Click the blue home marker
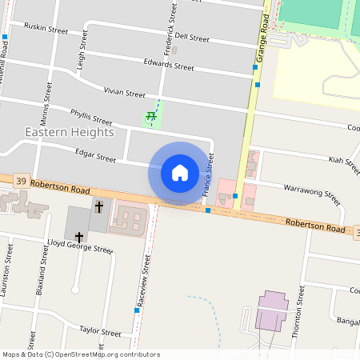(x=180, y=173)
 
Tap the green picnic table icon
(x=150, y=118)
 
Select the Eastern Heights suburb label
(x=69, y=132)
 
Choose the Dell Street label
(x=192, y=38)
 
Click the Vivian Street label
(x=124, y=94)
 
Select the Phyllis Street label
(x=91, y=118)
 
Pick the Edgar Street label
(x=95, y=158)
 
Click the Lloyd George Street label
(x=79, y=249)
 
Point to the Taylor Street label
(x=99, y=331)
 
